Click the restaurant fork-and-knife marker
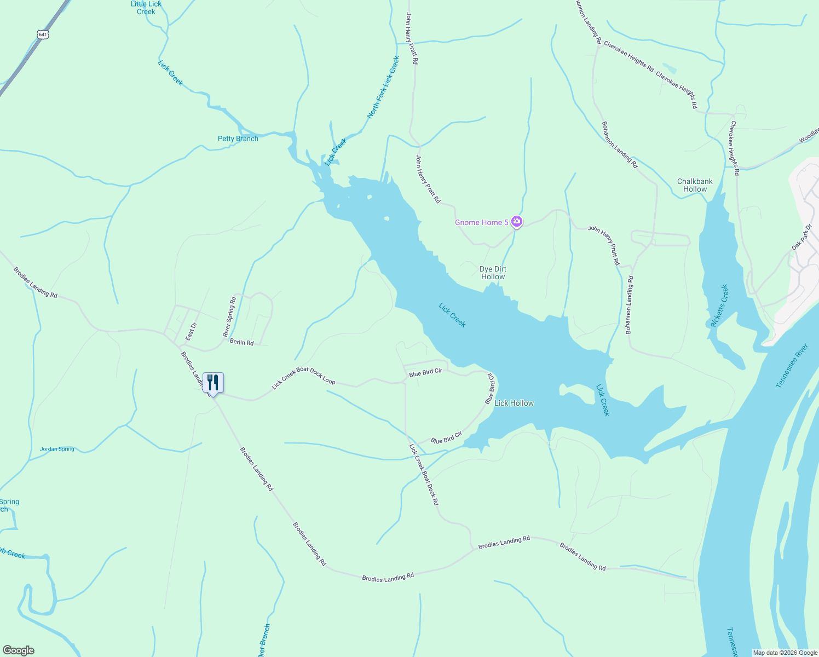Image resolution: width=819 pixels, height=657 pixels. coord(213,382)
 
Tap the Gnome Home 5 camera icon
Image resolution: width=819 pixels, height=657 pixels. coord(516,222)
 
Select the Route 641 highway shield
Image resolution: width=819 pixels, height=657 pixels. coord(43,34)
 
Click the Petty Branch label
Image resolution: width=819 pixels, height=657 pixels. coord(238,139)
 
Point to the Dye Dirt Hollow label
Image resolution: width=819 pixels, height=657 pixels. coord(493,273)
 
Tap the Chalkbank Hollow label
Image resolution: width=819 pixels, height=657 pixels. coord(695,185)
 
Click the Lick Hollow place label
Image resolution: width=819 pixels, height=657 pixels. coord(514,403)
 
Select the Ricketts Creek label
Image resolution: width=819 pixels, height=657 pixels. coord(719,306)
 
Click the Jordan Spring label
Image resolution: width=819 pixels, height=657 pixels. coord(57,449)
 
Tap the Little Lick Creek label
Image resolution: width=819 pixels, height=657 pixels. coord(146,8)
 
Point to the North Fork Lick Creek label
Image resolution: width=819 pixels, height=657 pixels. coord(383,87)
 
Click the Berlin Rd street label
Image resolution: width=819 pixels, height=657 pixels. coord(242,342)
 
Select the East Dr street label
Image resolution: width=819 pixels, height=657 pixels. coord(191,332)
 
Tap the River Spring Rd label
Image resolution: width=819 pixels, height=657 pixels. coord(229,316)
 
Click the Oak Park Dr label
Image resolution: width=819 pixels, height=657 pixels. coord(802,237)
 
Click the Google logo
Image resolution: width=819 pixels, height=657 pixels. coord(18,650)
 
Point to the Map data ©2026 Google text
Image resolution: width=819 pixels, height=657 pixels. coord(785,653)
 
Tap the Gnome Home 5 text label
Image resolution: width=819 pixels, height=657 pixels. coord(482,222)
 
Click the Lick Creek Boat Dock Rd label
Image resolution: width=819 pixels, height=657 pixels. coord(424,474)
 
